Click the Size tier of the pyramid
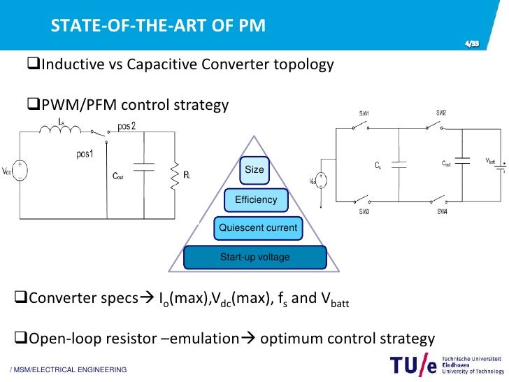pyautogui.click(x=254, y=170)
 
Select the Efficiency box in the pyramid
pyautogui.click(x=255, y=199)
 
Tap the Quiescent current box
pyautogui.click(x=258, y=227)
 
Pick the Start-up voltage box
pyautogui.click(x=254, y=257)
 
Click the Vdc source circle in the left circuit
pyautogui.click(x=21, y=171)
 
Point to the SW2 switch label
pyautogui.click(x=441, y=113)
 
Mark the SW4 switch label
pyautogui.click(x=442, y=211)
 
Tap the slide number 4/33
pyautogui.click(x=473, y=44)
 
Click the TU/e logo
pyautogui.click(x=414, y=365)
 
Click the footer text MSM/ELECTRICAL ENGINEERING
pyautogui.click(x=69, y=369)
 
